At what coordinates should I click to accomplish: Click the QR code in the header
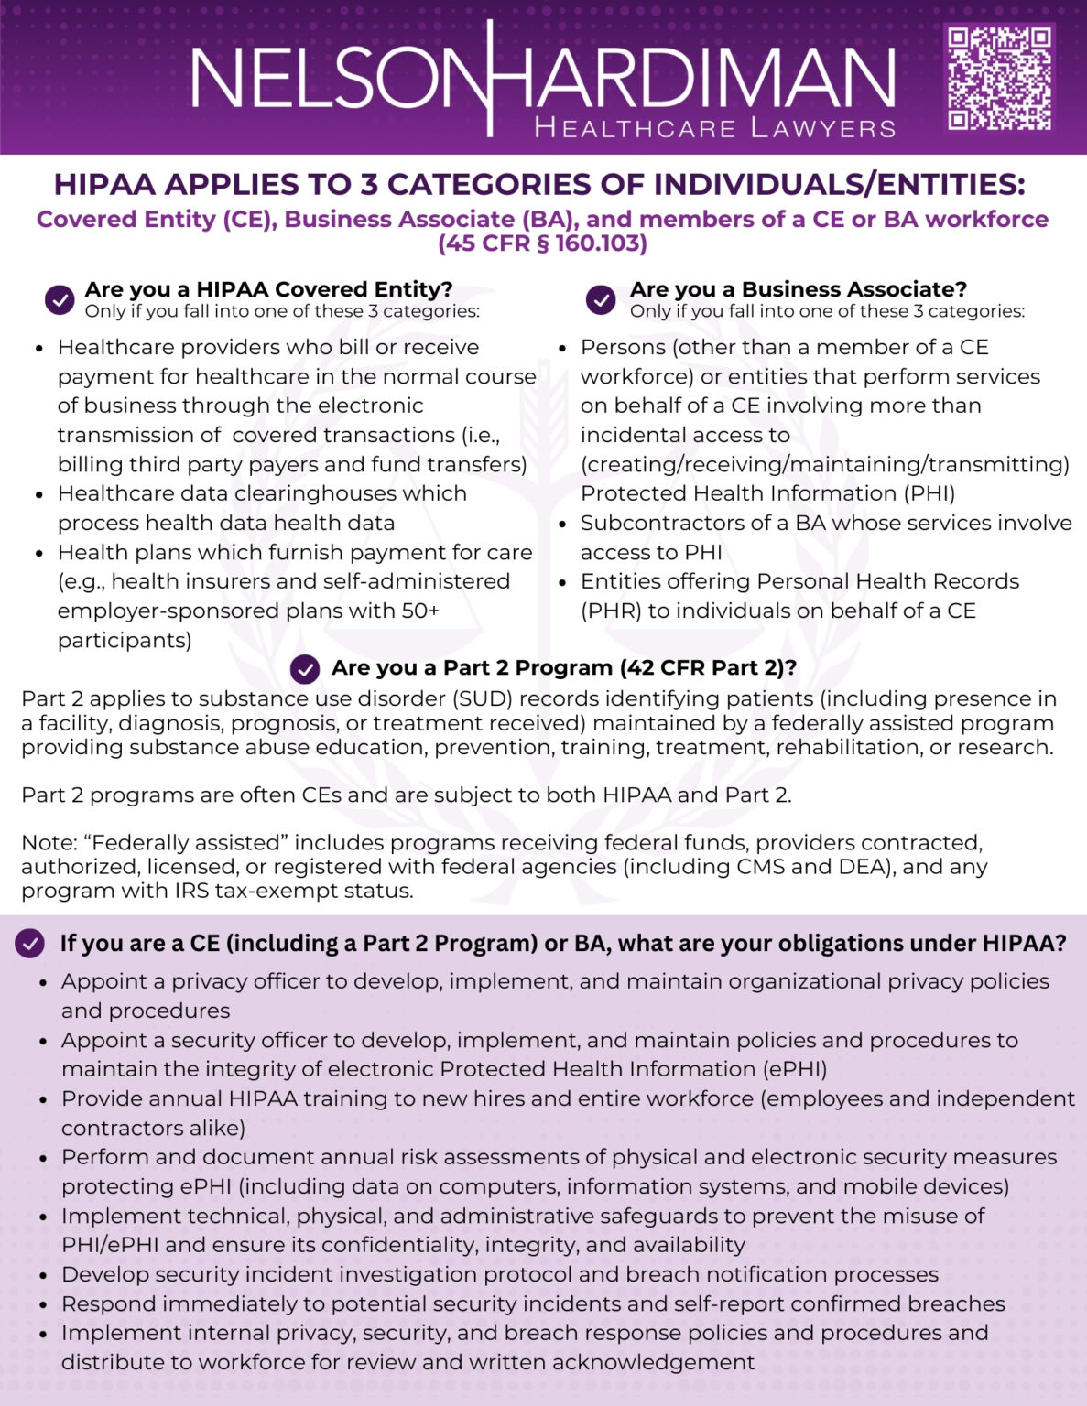coord(999,78)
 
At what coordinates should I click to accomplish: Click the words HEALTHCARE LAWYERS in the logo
coord(714,127)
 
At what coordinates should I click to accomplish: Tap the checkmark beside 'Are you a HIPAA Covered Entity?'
coord(60,299)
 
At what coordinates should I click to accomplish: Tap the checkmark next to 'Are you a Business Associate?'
coord(601,299)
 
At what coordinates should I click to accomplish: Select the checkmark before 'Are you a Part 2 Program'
coord(305,669)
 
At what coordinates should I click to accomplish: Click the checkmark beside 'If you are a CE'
coord(30,944)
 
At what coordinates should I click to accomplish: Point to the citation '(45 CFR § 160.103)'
coord(542,243)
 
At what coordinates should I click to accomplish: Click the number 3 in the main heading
coord(368,184)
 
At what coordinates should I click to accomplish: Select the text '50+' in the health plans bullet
coord(420,611)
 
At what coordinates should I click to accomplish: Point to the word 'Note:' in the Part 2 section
coord(49,842)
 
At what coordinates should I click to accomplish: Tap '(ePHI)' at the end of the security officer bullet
coord(795,1069)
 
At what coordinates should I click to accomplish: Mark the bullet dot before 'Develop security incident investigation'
coord(43,1275)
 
